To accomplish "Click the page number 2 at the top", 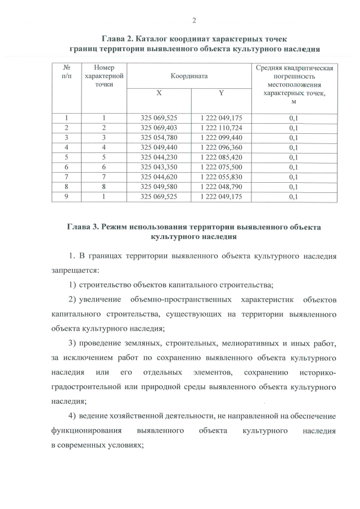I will pos(193,21).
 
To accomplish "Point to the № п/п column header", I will pos(67,71).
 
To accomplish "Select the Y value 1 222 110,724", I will pos(221,128).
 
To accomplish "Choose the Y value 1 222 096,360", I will pos(221,147).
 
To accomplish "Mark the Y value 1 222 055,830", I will pos(221,177).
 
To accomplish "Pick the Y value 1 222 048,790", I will pos(221,187).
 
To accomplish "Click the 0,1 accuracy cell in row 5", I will pos(293,157).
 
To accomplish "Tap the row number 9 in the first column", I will pos(67,197).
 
